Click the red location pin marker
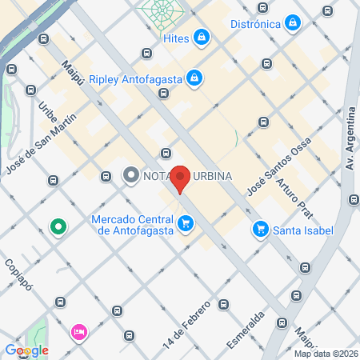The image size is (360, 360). pos(182,179)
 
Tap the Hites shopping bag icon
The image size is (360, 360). pos(204,37)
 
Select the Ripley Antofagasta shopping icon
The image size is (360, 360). pos(194,78)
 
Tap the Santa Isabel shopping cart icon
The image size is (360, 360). pos(260,230)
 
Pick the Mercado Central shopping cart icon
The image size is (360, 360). pos(186,223)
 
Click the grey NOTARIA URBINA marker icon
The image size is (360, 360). pos(130,175)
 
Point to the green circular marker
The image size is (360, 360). pos(58,227)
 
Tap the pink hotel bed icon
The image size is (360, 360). pos(78,331)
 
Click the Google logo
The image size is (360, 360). pos(26,350)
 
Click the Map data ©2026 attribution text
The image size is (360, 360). pos(325,354)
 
